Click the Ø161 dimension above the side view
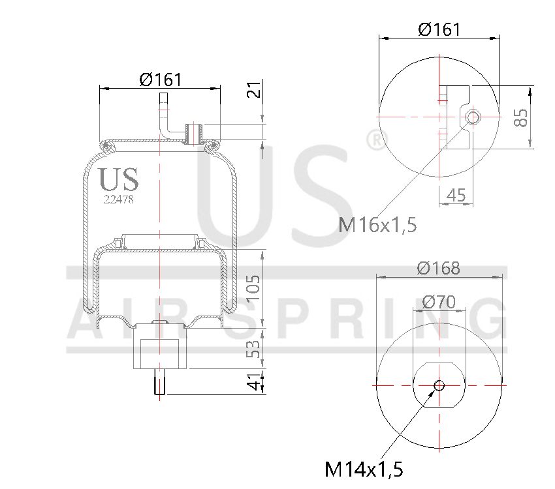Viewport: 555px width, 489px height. [x=160, y=80]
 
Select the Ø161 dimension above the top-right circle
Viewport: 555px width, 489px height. [x=439, y=29]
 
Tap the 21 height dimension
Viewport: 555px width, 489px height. [x=256, y=89]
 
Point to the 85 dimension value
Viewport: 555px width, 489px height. [x=520, y=117]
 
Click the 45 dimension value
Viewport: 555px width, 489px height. [x=456, y=194]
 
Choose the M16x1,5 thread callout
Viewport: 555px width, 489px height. [x=377, y=226]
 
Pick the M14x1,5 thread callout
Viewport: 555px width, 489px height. [x=364, y=468]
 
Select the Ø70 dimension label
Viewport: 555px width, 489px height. [x=439, y=302]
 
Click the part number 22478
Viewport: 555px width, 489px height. [x=119, y=200]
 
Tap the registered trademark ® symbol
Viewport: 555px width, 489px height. [x=374, y=140]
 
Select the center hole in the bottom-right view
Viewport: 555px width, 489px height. [x=439, y=385]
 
